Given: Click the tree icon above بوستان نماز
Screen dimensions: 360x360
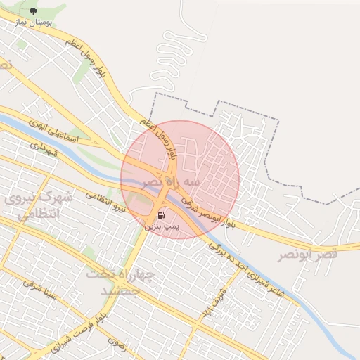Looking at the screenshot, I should (x=33, y=11).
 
